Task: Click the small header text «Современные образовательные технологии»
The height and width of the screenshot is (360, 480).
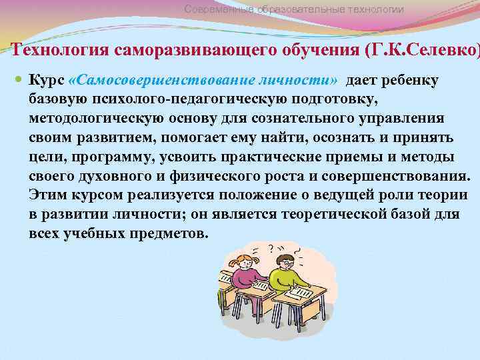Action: tap(293, 9)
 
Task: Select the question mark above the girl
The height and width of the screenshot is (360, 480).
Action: tap(270, 248)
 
